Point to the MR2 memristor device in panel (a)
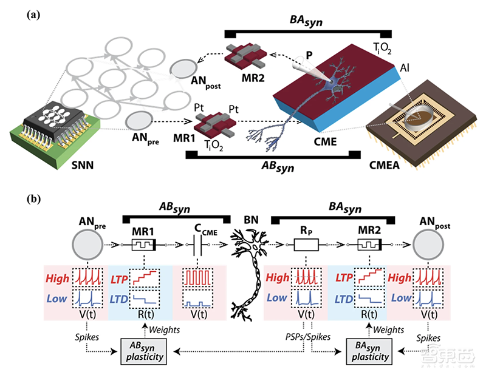click(x=240, y=58)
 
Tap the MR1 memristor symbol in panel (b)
click(x=142, y=245)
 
